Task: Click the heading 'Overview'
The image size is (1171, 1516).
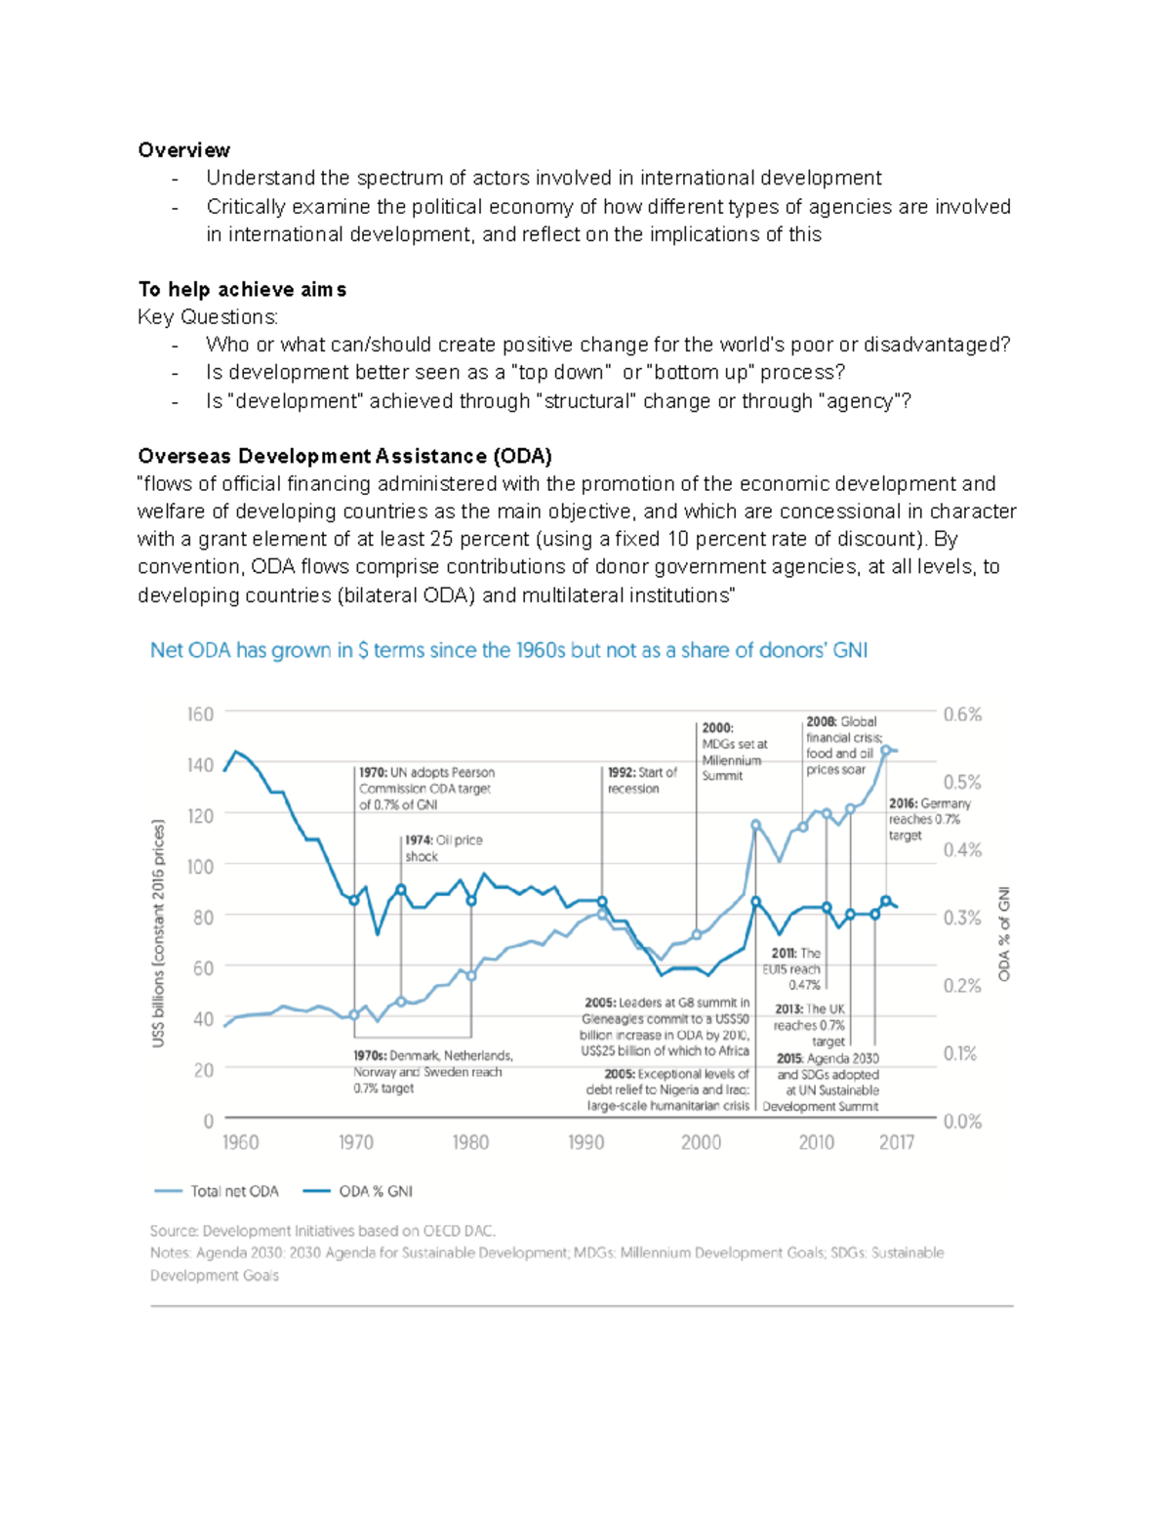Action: coord(183,150)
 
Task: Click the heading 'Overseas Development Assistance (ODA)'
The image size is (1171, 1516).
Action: coord(344,456)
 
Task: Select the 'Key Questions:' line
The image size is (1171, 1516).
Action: coord(208,317)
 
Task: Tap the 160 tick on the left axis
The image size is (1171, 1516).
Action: coord(200,715)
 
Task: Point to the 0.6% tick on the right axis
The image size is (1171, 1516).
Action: coord(962,715)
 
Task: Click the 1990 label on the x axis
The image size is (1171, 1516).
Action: coord(585,1143)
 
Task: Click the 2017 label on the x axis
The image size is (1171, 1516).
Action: coord(896,1143)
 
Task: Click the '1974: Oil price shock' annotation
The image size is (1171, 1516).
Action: coord(443,848)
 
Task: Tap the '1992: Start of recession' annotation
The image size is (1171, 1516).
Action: coord(642,780)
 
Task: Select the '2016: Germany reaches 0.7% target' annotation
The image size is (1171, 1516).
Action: coord(929,819)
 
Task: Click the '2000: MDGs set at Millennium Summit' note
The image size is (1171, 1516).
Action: coord(734,752)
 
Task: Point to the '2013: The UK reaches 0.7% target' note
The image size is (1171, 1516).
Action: coord(810,1025)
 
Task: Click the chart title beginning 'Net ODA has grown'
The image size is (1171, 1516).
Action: coord(508,651)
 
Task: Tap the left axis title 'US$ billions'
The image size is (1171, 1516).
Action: coord(158,933)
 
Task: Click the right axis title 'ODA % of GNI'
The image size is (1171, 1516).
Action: coord(1004,934)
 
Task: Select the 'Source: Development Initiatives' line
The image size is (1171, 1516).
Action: coord(323,1231)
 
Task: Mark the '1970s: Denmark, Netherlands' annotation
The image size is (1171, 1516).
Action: coord(432,1072)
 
